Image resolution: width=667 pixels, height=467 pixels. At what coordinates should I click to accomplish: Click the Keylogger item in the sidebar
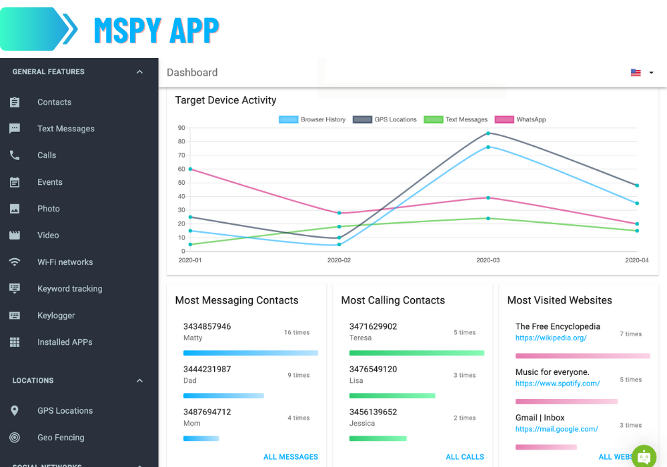56,316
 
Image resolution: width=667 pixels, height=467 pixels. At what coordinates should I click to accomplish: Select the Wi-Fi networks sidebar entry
65,262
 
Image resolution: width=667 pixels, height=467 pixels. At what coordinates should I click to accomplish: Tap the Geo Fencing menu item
61,438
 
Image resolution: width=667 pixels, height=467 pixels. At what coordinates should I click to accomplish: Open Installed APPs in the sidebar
65,342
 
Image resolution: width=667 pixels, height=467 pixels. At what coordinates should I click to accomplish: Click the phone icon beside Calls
15,155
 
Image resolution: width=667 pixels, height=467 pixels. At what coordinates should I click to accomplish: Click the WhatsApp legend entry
520,119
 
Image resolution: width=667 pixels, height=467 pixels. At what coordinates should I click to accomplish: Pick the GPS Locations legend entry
385,119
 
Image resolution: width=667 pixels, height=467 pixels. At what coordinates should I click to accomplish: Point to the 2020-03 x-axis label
488,260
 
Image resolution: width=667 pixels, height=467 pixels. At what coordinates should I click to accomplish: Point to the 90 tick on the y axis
181,128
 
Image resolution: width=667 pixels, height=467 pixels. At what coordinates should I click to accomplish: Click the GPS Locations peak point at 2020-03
488,133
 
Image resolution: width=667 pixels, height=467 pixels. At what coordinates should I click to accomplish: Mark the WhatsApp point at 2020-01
190,169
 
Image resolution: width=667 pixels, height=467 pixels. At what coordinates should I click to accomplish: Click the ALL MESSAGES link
291,457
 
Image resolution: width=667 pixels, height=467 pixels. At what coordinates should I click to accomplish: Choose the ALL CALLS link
465,457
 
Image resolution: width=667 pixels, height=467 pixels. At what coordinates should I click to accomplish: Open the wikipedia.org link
551,338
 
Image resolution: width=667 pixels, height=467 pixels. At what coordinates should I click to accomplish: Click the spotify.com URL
558,384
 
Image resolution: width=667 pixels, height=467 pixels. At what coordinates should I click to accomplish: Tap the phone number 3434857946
207,326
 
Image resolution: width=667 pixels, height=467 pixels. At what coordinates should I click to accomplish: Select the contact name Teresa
360,338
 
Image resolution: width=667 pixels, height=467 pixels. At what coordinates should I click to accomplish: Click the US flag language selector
636,73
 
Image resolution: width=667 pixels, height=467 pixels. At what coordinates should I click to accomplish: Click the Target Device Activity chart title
225,100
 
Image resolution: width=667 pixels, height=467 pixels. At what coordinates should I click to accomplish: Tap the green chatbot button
644,456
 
